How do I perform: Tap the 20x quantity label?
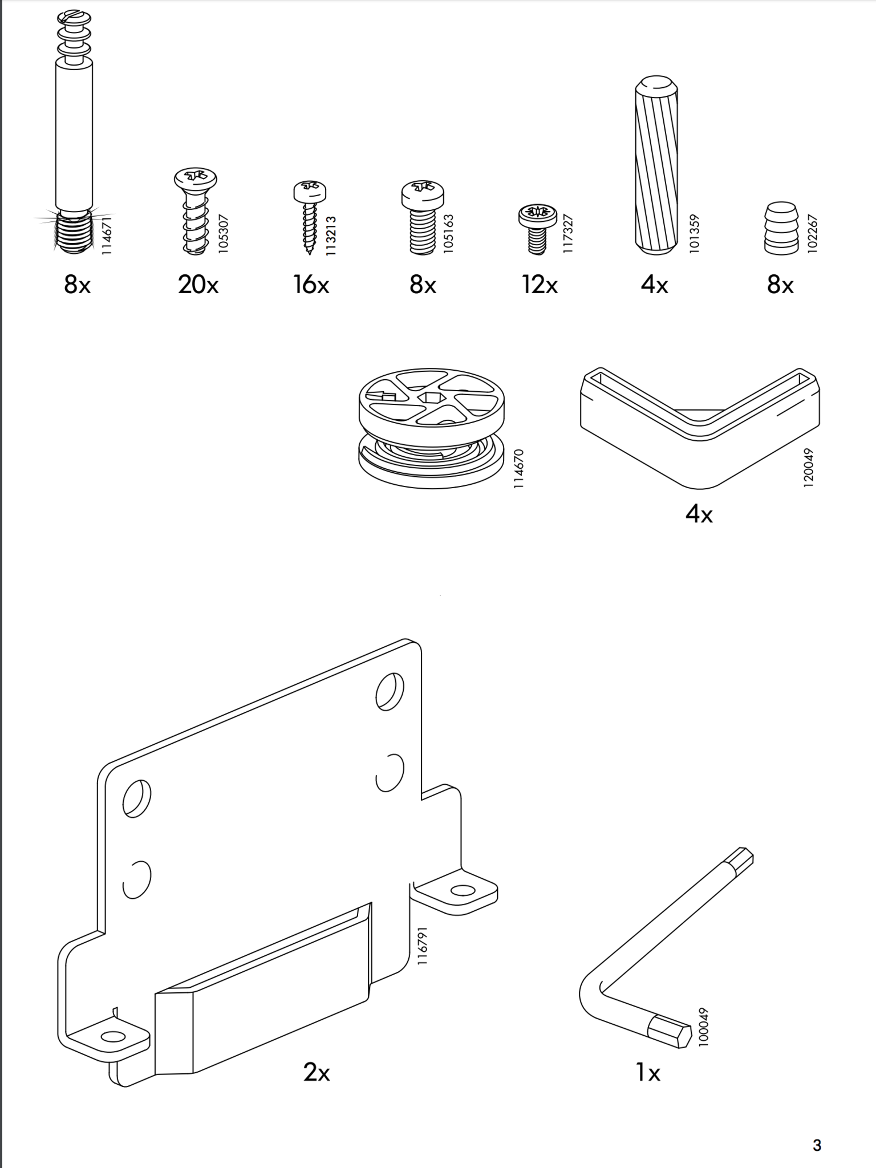(x=198, y=284)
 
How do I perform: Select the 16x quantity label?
(x=311, y=284)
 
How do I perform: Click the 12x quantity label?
(x=540, y=284)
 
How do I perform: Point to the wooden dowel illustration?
(x=656, y=165)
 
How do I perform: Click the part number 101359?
(x=694, y=234)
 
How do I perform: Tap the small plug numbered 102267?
(x=781, y=228)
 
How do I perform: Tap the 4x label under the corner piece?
(x=699, y=514)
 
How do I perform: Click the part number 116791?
(x=423, y=946)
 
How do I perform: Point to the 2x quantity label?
(x=317, y=1073)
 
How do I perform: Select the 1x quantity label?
(x=648, y=1073)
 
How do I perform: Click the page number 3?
(x=817, y=1145)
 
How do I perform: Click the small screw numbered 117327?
(x=537, y=229)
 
